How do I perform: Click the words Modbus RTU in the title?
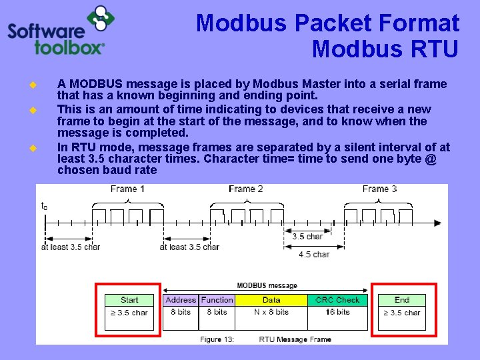pyautogui.click(x=385, y=49)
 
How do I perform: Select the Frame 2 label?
pyautogui.click(x=246, y=189)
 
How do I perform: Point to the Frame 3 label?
pyautogui.click(x=379, y=189)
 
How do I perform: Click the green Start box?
pyautogui.click(x=130, y=300)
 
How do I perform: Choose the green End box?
pyautogui.click(x=402, y=300)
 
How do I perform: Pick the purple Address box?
pyautogui.click(x=181, y=300)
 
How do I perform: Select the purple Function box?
pyautogui.click(x=217, y=300)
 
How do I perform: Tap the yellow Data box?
pyautogui.click(x=271, y=300)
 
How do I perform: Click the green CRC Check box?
pyautogui.click(x=337, y=300)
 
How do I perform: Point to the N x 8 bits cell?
pyautogui.click(x=271, y=312)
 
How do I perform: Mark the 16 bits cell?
pyautogui.click(x=337, y=312)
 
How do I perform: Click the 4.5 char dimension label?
pyautogui.click(x=314, y=254)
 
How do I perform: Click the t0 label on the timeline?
pyautogui.click(x=44, y=206)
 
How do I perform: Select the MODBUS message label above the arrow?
pyautogui.click(x=267, y=286)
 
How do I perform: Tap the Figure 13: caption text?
pyautogui.click(x=217, y=339)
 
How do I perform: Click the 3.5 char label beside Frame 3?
pyautogui.click(x=307, y=237)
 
